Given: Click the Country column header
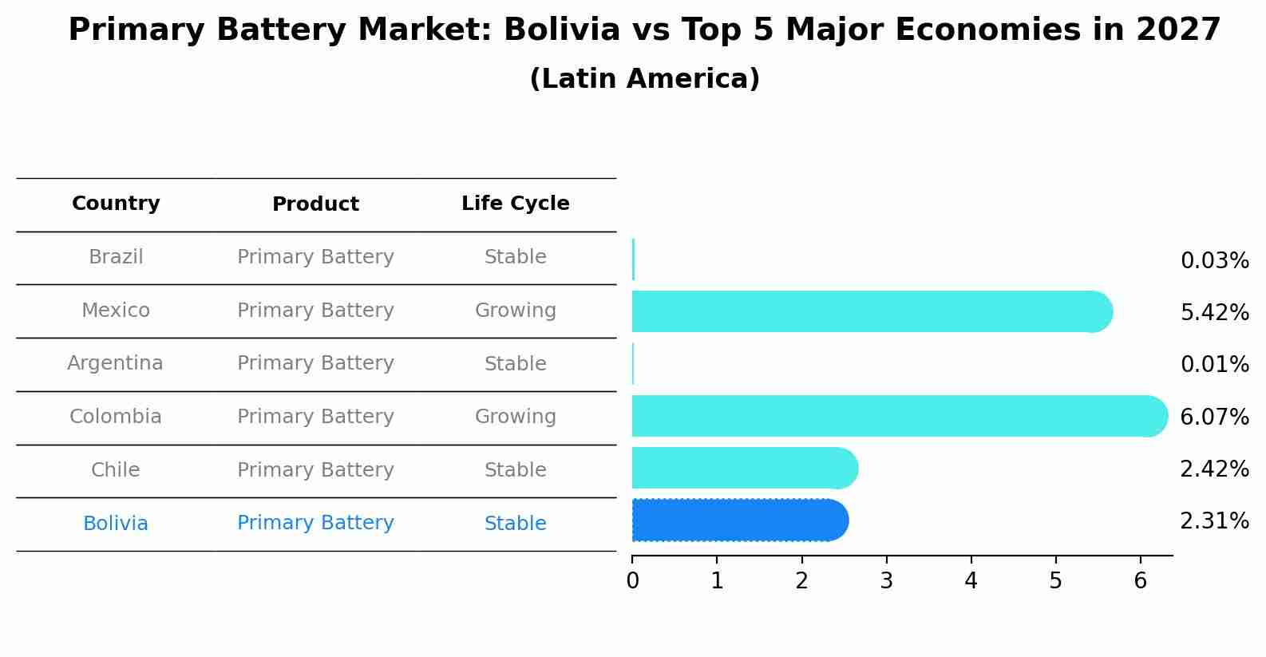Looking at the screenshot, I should (116, 204).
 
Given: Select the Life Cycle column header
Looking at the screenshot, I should (515, 204).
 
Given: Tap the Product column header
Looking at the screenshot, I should (315, 204).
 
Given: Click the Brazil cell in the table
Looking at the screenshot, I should (116, 257).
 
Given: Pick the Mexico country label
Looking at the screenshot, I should (116, 311).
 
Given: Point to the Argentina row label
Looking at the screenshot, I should (115, 363).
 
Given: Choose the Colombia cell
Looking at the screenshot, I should (116, 417).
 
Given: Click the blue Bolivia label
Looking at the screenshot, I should (116, 524).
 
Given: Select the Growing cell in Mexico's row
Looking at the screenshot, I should (515, 311).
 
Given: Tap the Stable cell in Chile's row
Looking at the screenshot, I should (515, 470).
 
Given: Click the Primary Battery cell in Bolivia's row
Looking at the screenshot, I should (315, 523).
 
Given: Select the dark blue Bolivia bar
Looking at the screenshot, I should (738, 520).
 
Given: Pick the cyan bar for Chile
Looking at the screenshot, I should (742, 468).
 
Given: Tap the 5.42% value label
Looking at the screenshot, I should (1214, 313).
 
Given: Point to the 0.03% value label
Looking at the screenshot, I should (1214, 261).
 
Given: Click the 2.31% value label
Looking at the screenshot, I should (1214, 521).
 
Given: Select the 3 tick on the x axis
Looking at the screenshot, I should (886, 581).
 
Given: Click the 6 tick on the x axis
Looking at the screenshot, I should (1140, 581).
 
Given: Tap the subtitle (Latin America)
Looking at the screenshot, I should (644, 79).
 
